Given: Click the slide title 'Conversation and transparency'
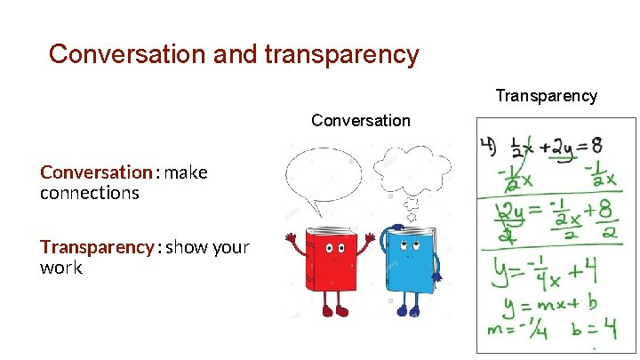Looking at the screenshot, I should point(233,54).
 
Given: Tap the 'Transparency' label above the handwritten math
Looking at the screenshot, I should point(546,96).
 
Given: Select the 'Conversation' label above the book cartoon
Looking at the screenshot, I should point(361,120).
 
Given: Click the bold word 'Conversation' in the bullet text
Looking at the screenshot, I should point(96,172).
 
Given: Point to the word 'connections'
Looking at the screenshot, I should point(89,193).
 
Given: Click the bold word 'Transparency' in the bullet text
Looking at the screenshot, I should point(96,247).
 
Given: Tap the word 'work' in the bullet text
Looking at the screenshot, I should point(60,268).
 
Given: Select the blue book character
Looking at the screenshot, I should point(409,262).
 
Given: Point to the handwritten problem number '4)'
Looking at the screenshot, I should point(488,145).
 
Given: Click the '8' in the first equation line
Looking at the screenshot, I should point(604,145).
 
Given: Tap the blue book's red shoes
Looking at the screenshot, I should point(408,310).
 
